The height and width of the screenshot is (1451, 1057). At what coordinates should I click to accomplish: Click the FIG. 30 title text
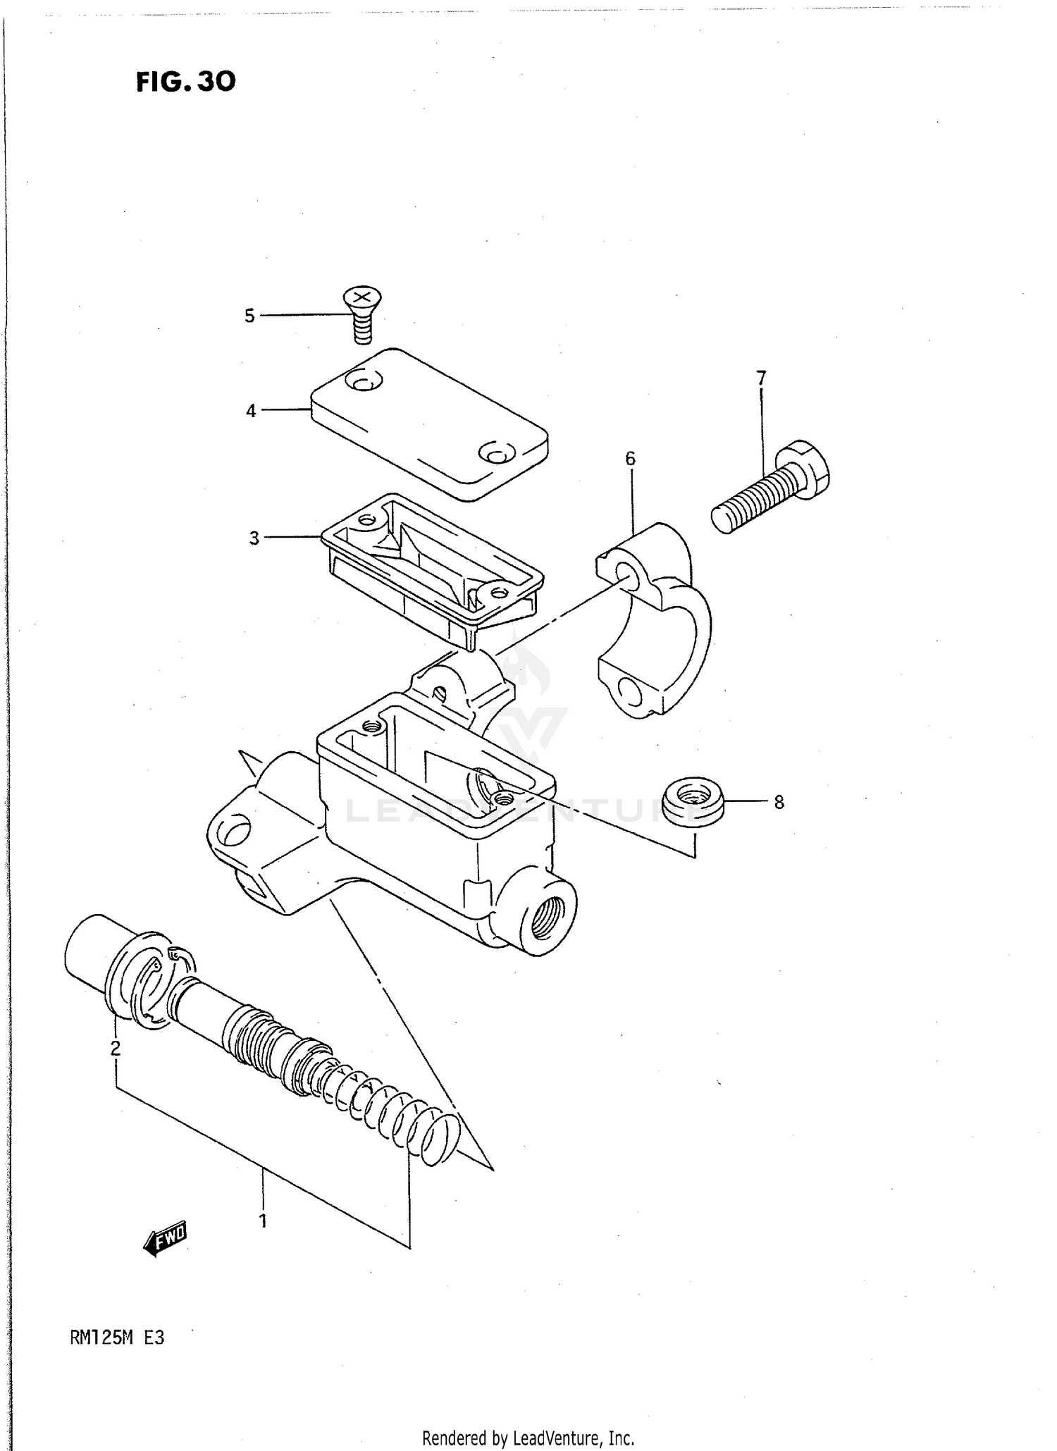click(x=186, y=82)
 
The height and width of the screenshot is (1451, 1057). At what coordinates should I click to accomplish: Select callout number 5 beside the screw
click(x=249, y=316)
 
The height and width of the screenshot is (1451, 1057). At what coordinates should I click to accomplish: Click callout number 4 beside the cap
click(x=251, y=411)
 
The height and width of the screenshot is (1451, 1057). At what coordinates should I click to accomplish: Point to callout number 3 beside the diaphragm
click(x=254, y=538)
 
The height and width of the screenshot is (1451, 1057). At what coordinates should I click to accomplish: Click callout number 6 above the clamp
click(x=630, y=459)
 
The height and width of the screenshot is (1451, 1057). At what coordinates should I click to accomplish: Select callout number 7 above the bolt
click(x=761, y=378)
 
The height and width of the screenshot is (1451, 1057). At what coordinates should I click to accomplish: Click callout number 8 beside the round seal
click(x=779, y=802)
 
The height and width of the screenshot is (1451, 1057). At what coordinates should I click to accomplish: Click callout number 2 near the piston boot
click(x=116, y=1048)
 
